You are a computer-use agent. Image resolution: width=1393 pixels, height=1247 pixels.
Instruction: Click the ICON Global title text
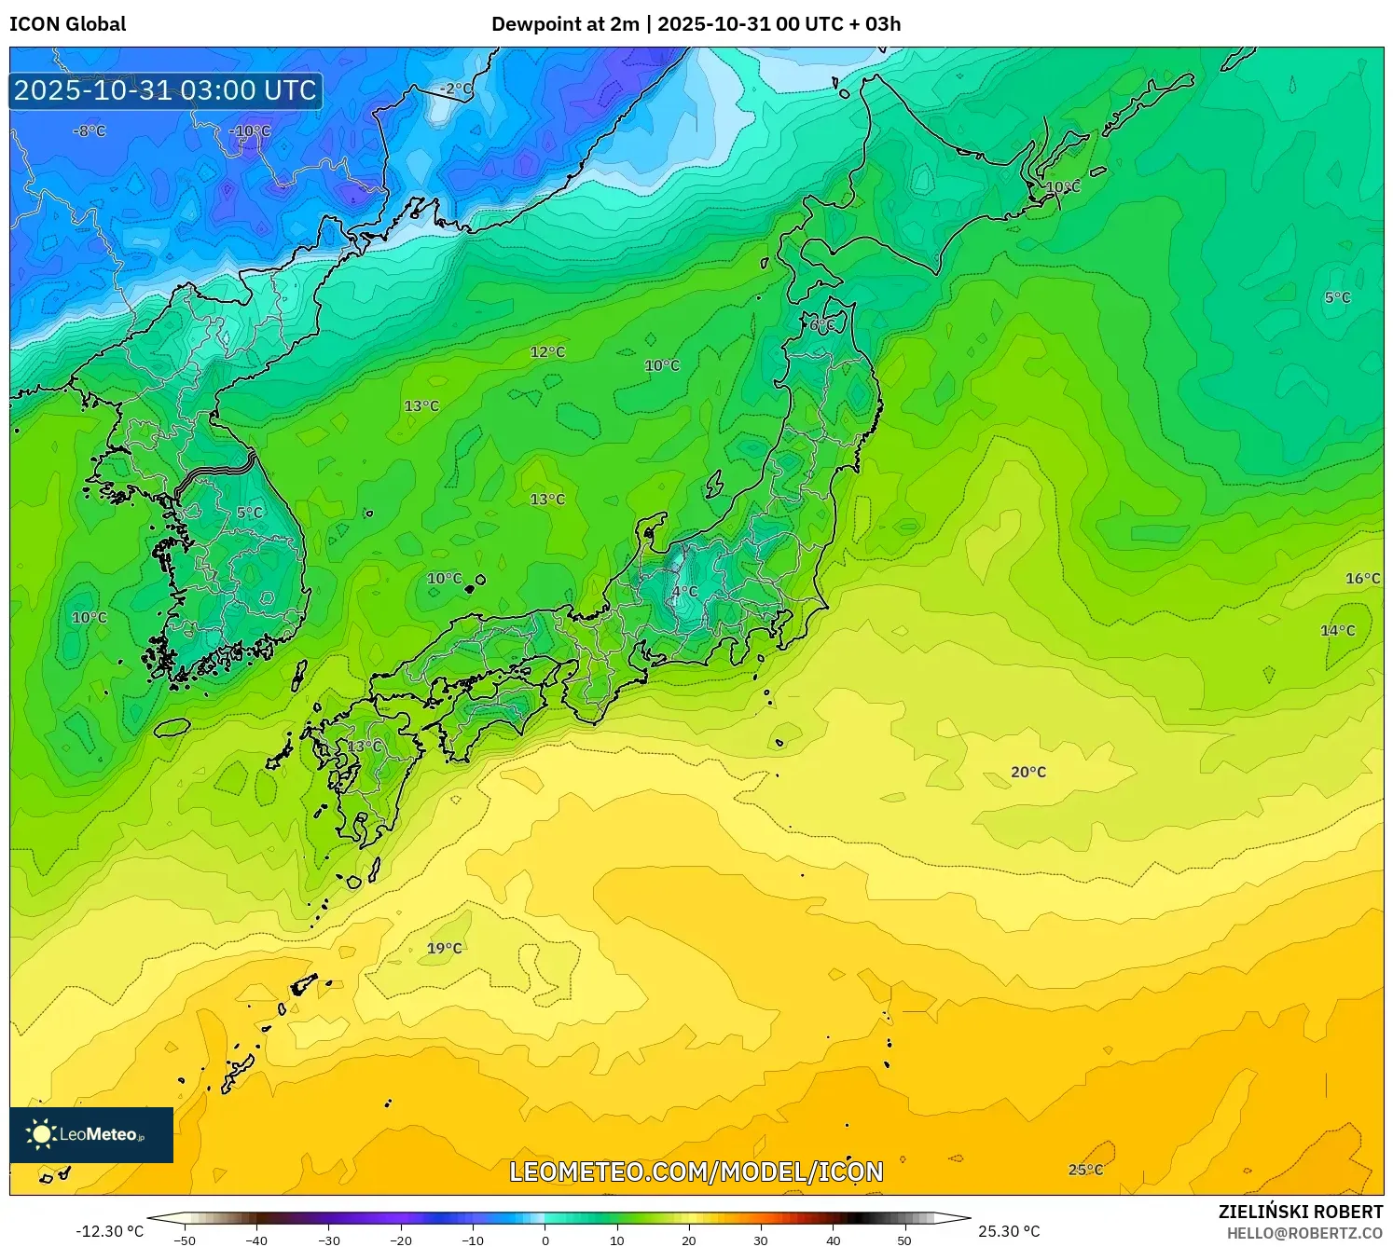67,24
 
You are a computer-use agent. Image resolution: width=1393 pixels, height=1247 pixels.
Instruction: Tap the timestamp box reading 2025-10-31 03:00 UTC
166,90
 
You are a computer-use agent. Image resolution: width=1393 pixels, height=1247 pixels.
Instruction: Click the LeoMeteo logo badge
91,1134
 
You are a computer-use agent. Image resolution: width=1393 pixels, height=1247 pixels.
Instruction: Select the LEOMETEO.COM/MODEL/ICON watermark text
696,1172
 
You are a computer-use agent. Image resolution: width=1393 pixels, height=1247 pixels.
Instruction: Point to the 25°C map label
1085,1170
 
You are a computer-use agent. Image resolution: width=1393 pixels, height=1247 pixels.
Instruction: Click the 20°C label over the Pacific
1028,772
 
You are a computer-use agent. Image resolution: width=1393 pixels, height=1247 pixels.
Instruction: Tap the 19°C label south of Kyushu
444,948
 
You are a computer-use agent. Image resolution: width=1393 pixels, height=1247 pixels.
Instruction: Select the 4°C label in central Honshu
684,591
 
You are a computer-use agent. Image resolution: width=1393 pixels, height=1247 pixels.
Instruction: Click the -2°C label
455,89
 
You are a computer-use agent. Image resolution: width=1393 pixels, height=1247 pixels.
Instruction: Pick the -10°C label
250,130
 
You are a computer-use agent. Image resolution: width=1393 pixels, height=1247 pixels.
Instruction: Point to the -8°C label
90,130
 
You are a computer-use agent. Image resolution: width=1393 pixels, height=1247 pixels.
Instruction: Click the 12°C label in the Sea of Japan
547,351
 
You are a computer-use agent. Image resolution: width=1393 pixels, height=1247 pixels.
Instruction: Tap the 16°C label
1362,578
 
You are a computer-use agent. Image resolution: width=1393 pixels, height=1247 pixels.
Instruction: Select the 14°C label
1337,630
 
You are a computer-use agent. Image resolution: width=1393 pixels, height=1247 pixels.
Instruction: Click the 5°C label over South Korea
250,512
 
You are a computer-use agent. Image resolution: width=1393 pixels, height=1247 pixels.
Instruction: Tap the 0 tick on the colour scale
545,1240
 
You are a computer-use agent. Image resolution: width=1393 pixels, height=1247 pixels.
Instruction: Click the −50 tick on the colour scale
185,1240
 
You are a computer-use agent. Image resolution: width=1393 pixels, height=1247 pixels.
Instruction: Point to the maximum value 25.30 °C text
1009,1231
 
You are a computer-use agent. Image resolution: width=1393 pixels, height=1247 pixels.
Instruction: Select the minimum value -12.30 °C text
109,1231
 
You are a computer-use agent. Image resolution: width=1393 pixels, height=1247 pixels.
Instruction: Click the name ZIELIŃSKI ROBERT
1300,1212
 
